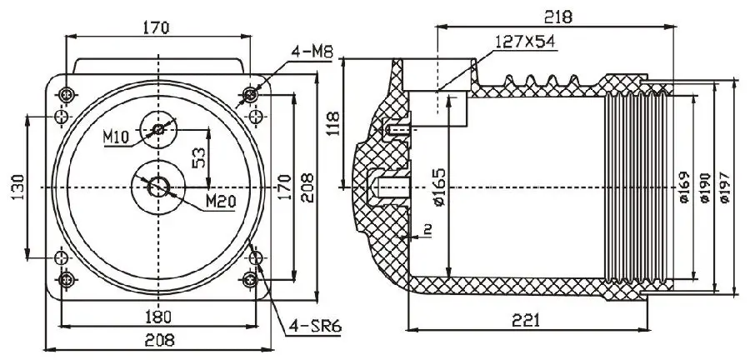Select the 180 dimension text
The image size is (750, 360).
pyautogui.click(x=157, y=317)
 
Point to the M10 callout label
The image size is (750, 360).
pyautogui.click(x=117, y=137)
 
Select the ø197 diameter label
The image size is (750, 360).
pyautogui.click(x=723, y=187)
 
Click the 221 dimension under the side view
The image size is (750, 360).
pyautogui.click(x=526, y=320)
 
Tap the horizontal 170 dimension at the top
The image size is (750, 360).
pyautogui.click(x=156, y=27)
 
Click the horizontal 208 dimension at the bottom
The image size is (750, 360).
pyautogui.click(x=157, y=339)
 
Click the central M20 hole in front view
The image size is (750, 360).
pyautogui.click(x=157, y=186)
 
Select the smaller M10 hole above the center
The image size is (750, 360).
pyautogui.click(x=157, y=129)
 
